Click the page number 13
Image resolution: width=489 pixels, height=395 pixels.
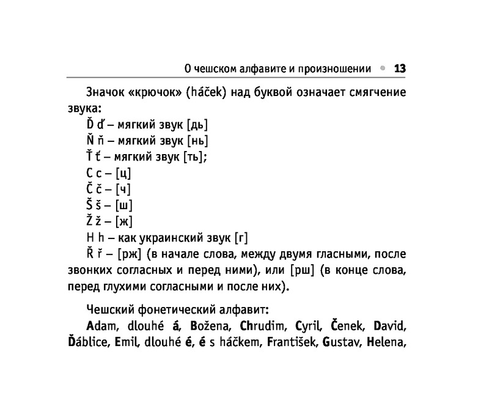pos(400,68)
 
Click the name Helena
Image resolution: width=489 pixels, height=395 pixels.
pos(386,341)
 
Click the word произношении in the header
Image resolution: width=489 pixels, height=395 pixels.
pos(333,68)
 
